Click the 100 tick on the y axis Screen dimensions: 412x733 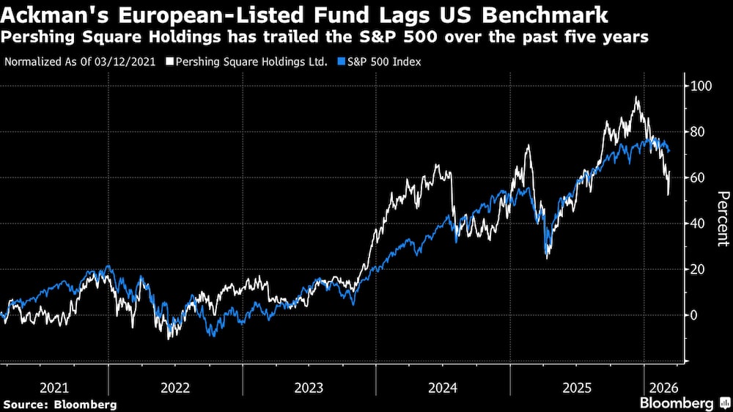click(x=701, y=86)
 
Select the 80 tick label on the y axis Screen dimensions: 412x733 click(x=698, y=132)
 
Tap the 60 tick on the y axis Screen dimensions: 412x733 click(x=698, y=178)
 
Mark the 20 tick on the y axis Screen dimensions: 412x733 click(x=698, y=270)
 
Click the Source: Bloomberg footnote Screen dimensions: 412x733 click(x=60, y=404)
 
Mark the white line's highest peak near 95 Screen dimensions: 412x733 click(x=636, y=98)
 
